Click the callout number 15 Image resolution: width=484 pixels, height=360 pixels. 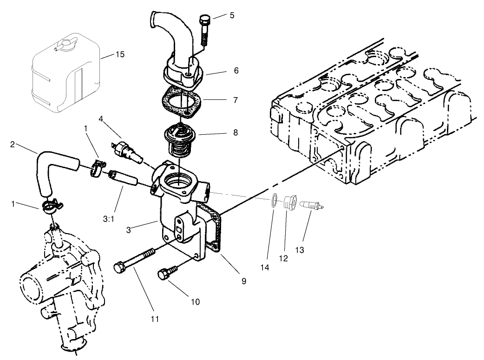tap(120, 55)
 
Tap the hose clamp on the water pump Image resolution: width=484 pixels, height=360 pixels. tap(52, 205)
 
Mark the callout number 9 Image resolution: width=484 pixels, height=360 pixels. tap(244, 281)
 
